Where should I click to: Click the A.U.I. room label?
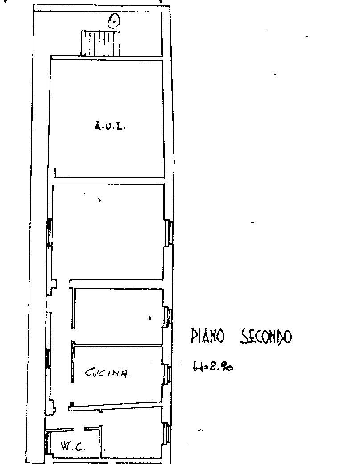coord(110,126)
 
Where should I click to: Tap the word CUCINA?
coord(107,373)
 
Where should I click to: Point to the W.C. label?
coord(73,446)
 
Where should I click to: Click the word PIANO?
coord(207,336)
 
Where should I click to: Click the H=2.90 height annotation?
coord(213,367)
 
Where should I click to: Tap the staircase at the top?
coord(100,43)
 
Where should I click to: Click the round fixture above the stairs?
coord(114,21)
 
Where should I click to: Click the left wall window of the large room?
coord(49,232)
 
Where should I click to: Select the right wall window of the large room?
coord(170,232)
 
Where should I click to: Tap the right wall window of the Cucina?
coord(169,374)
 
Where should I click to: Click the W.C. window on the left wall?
coord(46,443)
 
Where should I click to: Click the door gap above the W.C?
coord(79,429)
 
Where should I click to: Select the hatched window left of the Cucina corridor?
coord(47,358)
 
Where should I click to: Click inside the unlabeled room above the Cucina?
coord(118,316)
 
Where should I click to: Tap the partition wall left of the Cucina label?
coord(73,361)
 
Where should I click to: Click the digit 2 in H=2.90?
coord(212,367)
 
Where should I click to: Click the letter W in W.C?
coord(66,446)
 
